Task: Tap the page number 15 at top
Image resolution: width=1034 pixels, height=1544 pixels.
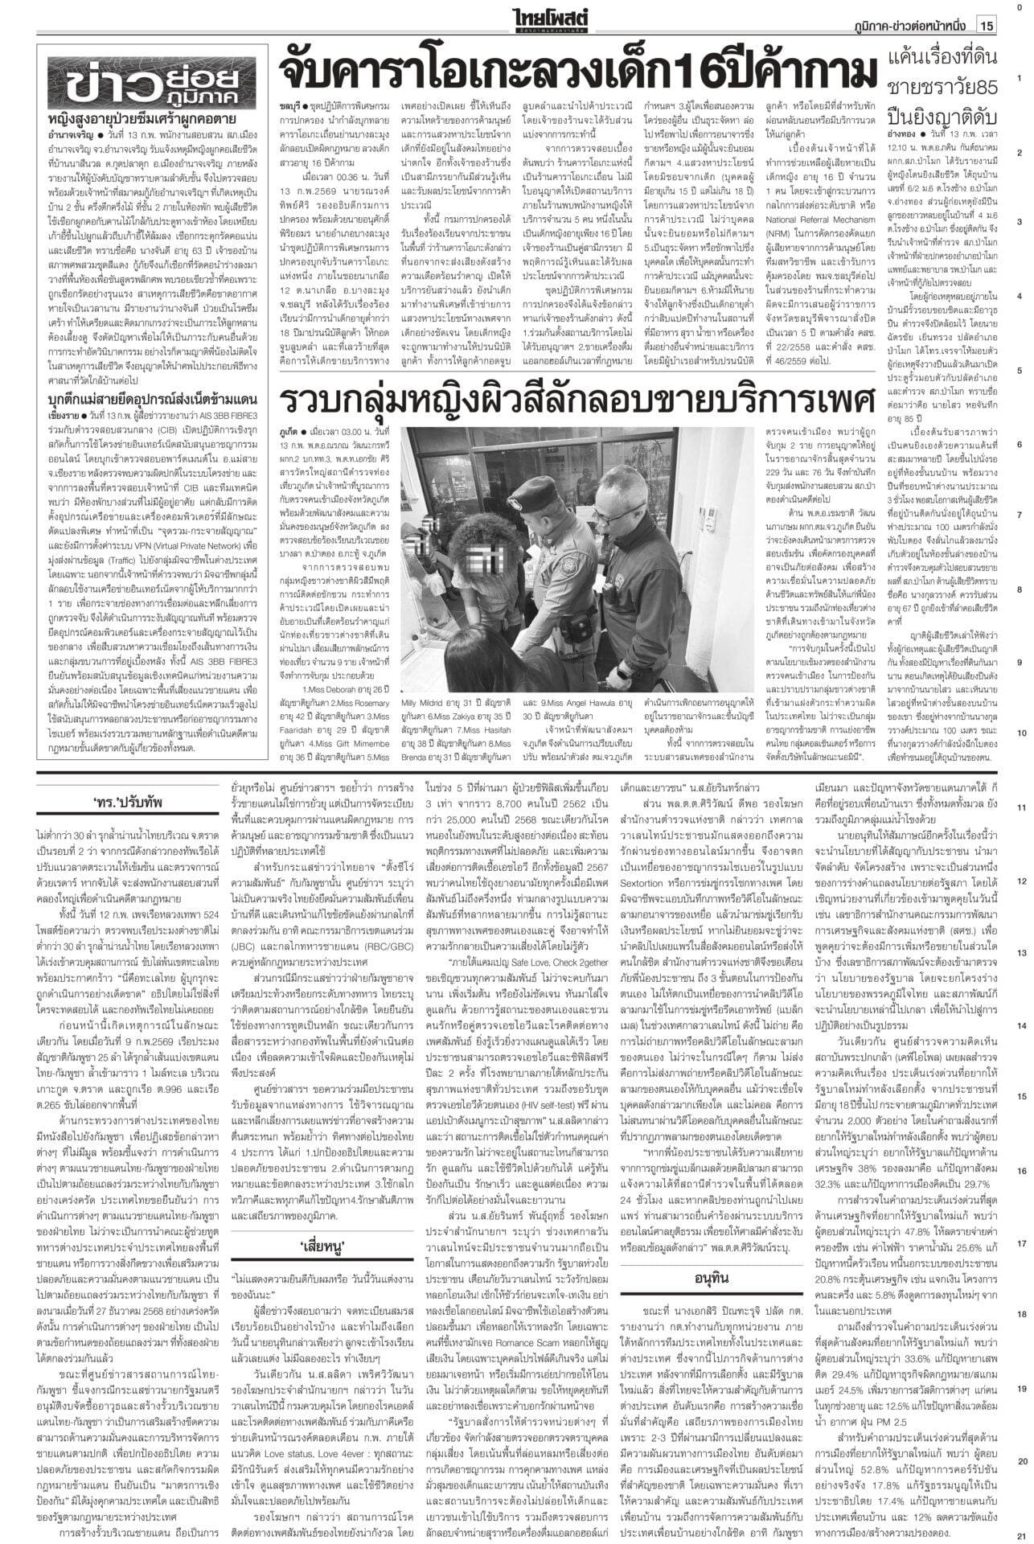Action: click(x=986, y=27)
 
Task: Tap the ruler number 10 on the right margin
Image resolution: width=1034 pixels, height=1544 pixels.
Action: click(x=1019, y=733)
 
